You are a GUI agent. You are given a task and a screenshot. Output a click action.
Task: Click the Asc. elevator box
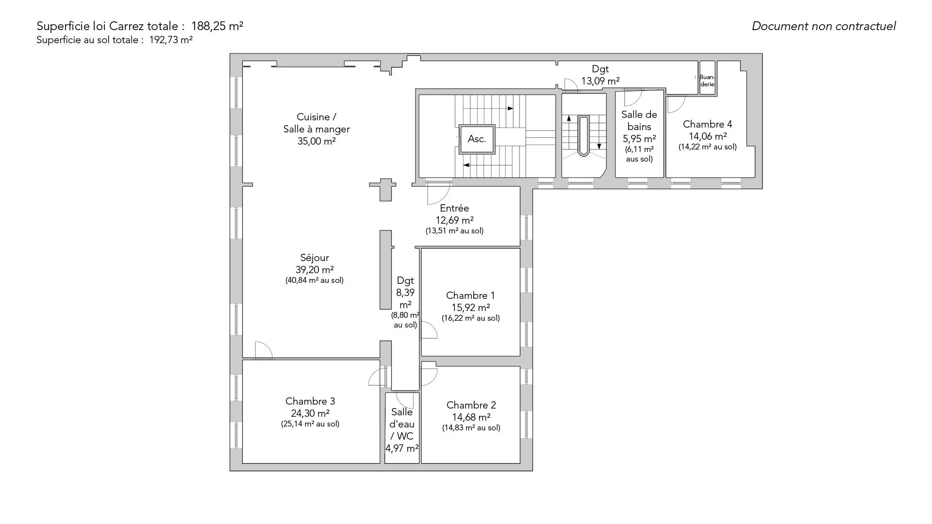(477, 139)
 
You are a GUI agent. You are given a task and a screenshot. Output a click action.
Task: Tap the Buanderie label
(707, 81)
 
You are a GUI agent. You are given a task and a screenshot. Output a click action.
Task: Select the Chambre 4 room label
(707, 124)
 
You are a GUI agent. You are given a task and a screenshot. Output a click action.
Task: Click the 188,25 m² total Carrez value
(217, 26)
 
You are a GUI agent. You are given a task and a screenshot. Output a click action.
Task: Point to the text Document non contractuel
(824, 26)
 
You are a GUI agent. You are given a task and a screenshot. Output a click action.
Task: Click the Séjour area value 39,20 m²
(315, 270)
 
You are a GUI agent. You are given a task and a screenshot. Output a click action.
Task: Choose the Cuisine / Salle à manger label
(316, 123)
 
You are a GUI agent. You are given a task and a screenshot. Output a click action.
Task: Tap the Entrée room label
(454, 208)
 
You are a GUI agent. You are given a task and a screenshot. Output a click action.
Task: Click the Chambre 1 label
(470, 295)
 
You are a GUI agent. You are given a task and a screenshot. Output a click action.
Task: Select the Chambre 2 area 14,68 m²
(471, 417)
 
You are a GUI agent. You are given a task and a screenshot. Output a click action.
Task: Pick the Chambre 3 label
(310, 401)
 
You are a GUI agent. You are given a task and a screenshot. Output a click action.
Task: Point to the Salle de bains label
(639, 121)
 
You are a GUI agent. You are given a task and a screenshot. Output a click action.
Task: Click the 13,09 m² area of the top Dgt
(600, 81)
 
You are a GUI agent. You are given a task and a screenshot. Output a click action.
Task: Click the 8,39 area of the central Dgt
(405, 293)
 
